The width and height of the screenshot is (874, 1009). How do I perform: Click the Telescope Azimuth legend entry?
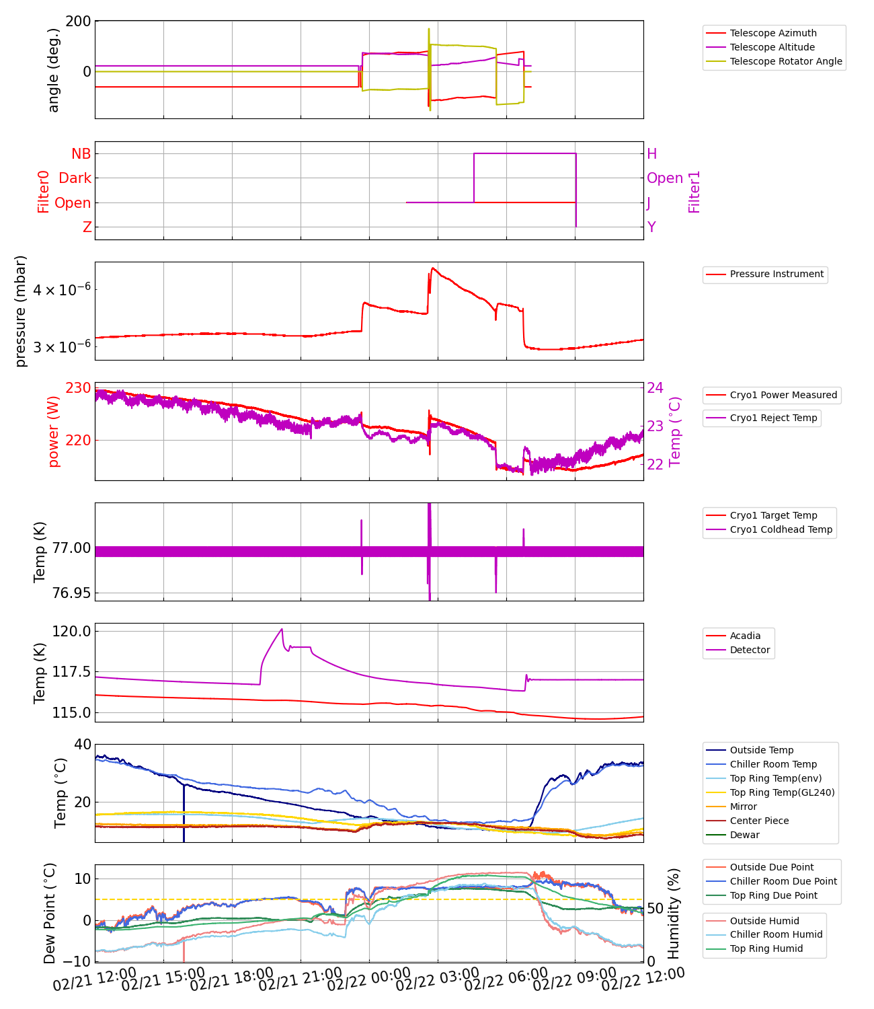(x=773, y=33)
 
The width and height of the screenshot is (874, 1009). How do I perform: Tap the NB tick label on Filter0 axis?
(x=81, y=154)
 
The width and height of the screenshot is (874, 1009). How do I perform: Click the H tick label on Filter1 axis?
(x=651, y=154)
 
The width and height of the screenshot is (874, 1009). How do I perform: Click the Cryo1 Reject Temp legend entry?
(x=773, y=418)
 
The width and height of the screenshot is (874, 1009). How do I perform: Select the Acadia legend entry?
(x=745, y=636)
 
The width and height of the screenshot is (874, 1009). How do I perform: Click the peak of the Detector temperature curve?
(x=282, y=630)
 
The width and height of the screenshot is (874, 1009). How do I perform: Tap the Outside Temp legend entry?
(x=761, y=750)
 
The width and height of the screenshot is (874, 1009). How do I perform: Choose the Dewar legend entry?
(x=744, y=835)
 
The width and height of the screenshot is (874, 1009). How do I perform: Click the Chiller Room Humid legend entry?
(x=776, y=934)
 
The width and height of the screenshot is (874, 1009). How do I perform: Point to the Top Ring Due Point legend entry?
(x=773, y=895)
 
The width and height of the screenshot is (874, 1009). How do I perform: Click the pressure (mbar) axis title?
(x=21, y=311)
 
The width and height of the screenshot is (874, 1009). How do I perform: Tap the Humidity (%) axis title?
(x=674, y=913)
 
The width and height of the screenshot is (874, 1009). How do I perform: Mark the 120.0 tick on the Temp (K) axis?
(x=72, y=631)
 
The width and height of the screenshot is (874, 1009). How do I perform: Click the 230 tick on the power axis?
(x=78, y=388)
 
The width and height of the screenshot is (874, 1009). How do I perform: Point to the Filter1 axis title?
(x=694, y=191)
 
